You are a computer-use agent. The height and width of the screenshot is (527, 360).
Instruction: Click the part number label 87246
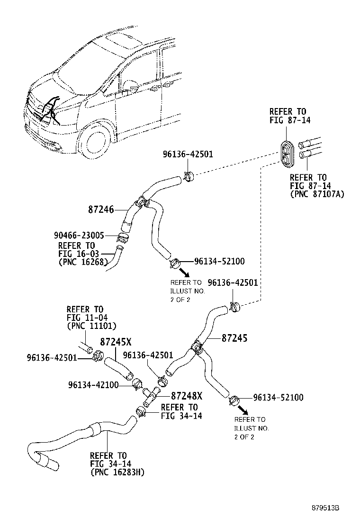[101, 209]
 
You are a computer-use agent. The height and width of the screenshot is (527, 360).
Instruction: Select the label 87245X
[116, 342]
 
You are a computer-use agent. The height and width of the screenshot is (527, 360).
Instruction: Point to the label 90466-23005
[79, 235]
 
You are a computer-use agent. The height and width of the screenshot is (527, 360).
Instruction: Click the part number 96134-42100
[93, 384]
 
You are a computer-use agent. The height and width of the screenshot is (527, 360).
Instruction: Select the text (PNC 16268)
[83, 262]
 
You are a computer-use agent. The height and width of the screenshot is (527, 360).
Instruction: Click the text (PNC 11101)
[91, 326]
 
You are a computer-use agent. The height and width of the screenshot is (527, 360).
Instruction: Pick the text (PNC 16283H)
[117, 472]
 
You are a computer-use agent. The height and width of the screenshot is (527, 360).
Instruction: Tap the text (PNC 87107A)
[316, 194]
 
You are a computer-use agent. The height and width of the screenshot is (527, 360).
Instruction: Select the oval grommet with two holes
[287, 154]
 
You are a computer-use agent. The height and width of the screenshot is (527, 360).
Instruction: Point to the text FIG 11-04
[85, 318]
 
